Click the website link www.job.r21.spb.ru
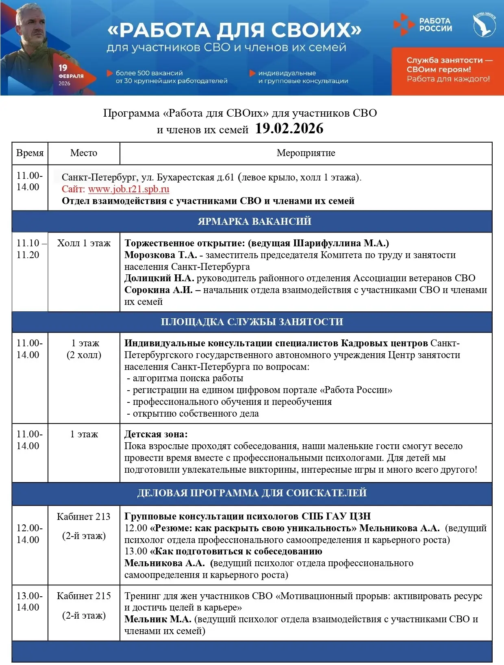pyautogui.click(x=128, y=189)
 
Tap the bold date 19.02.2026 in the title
pyautogui.click(x=289, y=129)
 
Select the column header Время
pyautogui.click(x=30, y=153)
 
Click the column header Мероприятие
pyautogui.click(x=306, y=153)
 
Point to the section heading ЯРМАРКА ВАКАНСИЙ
pyautogui.click(x=254, y=221)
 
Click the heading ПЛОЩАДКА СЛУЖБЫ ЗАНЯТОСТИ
pyautogui.click(x=252, y=322)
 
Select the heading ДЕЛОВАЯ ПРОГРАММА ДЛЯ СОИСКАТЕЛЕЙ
pyautogui.click(x=252, y=493)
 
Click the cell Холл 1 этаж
pyautogui.click(x=84, y=243)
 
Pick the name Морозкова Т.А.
pyautogui.click(x=161, y=255)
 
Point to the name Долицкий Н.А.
pyautogui.click(x=159, y=278)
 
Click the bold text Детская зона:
pyautogui.click(x=156, y=434)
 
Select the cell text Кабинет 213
pyautogui.click(x=84, y=517)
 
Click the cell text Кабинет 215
pyautogui.click(x=84, y=596)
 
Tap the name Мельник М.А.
pyautogui.click(x=158, y=619)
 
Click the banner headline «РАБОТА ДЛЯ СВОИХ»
pyautogui.click(x=234, y=30)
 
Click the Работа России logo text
pyautogui.click(x=435, y=24)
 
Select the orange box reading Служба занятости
pyautogui.click(x=448, y=70)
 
